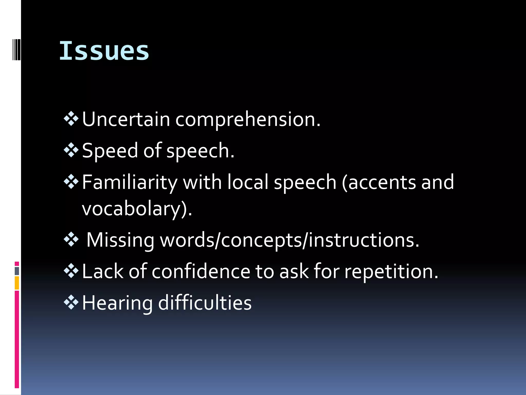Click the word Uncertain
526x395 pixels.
pos(126,119)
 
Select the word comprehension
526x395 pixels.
pos(248,120)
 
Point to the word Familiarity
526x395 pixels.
pos(130,182)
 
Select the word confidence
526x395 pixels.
pos(201,271)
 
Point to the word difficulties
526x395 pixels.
pos(205,303)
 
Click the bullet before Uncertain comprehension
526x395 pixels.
pos(71,119)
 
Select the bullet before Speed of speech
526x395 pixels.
pos(71,150)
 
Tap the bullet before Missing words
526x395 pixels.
pos(71,239)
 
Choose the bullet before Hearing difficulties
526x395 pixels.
pos(71,302)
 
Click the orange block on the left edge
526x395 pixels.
pos(17,283)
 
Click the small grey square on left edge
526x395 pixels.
pos(17,271)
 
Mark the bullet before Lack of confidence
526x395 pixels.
pos(71,271)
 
